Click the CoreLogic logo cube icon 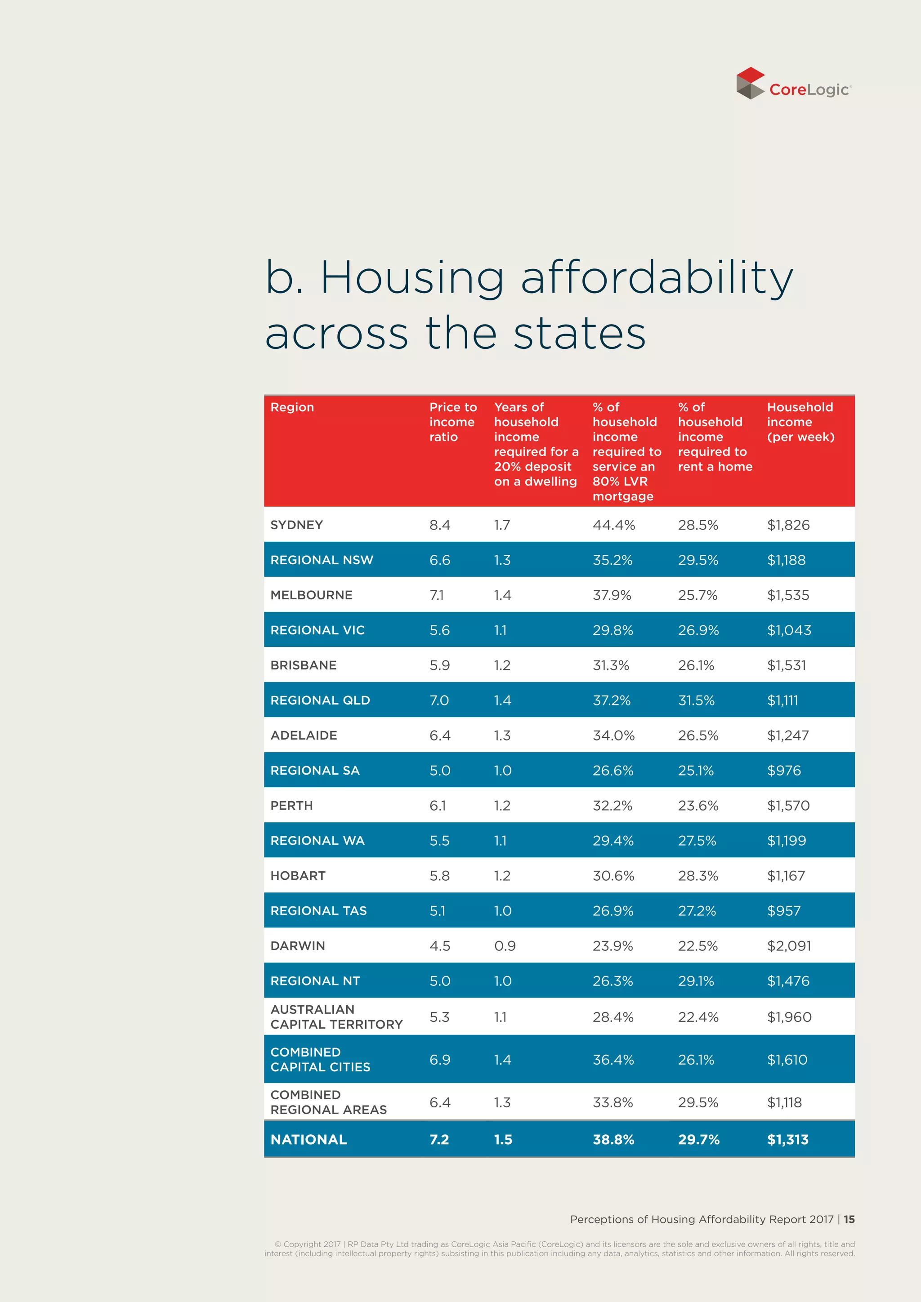pos(750,83)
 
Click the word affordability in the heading pos(656,278)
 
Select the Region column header pos(291,407)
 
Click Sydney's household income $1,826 pos(788,525)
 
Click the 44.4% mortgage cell pos(613,525)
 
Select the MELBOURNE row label pos(311,595)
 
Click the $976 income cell pos(784,771)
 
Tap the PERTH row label pos(291,806)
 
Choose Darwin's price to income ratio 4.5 pos(439,946)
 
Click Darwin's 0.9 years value pos(504,946)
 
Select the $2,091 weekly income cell pos(788,946)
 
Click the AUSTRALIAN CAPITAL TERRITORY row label pos(336,1017)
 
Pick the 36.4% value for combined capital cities pos(613,1060)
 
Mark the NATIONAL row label pos(308,1140)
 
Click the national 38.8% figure pos(613,1140)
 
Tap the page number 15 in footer pos(849,1219)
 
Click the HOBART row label pos(297,875)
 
